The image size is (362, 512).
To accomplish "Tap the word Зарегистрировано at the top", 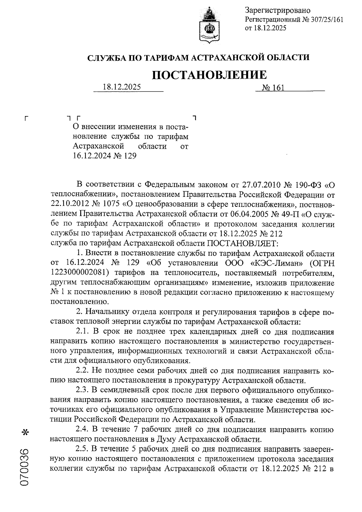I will [278, 11].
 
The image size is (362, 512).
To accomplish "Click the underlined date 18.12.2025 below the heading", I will [122, 87].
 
